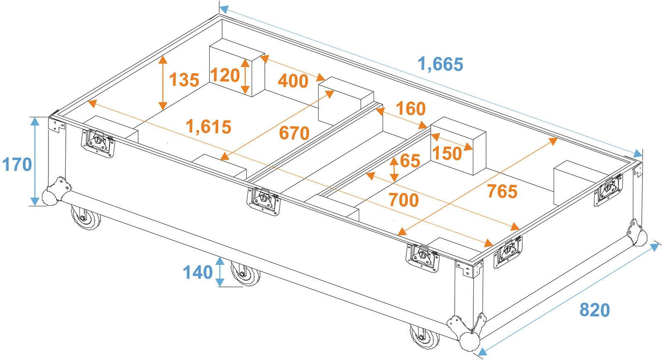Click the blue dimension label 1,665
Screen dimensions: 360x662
point(440,64)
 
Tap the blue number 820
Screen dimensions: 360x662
point(595,310)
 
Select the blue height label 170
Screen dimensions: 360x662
point(17,165)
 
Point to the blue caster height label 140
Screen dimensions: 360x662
point(198,272)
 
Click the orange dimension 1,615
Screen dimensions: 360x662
point(209,126)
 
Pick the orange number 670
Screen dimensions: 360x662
point(294,133)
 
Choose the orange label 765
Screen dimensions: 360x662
point(502,191)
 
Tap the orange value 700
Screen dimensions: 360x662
point(403,200)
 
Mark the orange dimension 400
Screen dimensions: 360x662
point(293,81)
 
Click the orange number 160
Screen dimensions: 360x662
point(410,109)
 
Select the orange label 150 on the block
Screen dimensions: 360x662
point(446,154)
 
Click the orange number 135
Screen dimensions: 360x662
point(184,79)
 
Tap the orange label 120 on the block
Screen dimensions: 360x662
point(225,75)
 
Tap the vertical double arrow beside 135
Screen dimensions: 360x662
point(163,82)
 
